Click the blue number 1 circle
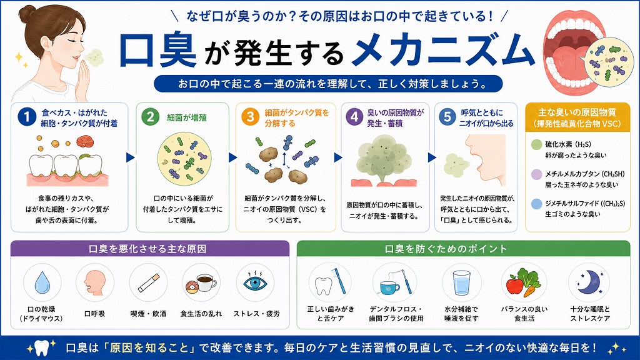27,117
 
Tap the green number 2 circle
150,117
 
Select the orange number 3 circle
250,117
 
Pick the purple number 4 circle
354,117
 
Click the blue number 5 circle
447,117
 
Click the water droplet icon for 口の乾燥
42,282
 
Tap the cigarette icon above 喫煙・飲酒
148,282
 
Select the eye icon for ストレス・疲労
256,282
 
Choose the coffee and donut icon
201,282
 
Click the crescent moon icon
589,282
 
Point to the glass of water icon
462,283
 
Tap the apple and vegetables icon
524,282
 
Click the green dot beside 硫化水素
536,144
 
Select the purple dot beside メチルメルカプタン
536,174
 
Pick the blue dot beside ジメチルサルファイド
536,204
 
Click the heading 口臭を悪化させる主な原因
147,249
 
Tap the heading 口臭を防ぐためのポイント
446,249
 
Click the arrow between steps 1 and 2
131,157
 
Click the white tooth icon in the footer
41,348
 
